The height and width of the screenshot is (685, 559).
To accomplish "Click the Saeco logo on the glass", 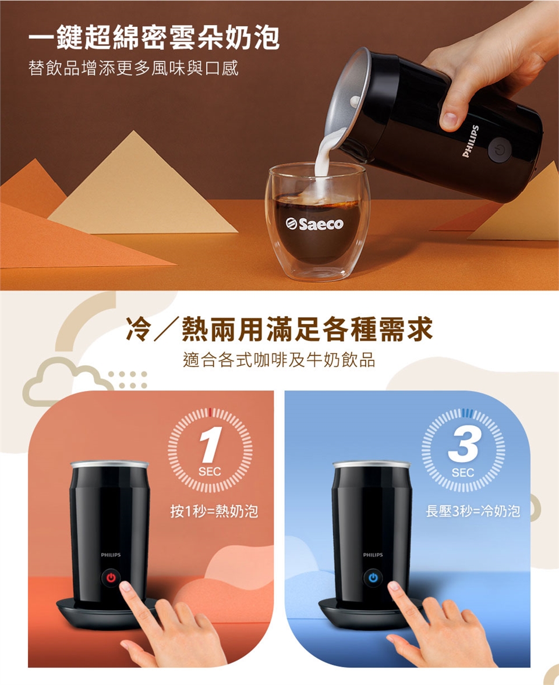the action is coord(314,224).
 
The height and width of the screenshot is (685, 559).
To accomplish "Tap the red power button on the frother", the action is coord(111,577).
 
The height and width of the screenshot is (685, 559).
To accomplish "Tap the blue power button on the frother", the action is coord(373,577).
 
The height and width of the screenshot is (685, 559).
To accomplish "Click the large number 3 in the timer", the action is coord(464,445).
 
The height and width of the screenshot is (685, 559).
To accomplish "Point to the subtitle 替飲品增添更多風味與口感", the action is coord(133,68).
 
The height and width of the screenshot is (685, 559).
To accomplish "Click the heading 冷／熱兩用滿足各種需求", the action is coord(279,329).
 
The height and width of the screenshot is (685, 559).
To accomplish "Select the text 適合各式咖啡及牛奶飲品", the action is coord(279,360).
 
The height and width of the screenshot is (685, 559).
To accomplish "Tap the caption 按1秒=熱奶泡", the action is coord(214,510).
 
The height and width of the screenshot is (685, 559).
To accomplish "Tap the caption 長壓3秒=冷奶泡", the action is coord(473,510).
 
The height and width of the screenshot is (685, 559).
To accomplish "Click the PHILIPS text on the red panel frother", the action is coord(111,555).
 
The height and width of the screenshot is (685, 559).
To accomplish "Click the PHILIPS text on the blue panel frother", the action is coord(373,555).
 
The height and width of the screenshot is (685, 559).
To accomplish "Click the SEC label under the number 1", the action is coord(210,472).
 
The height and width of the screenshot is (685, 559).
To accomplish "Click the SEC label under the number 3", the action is coord(463,473).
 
